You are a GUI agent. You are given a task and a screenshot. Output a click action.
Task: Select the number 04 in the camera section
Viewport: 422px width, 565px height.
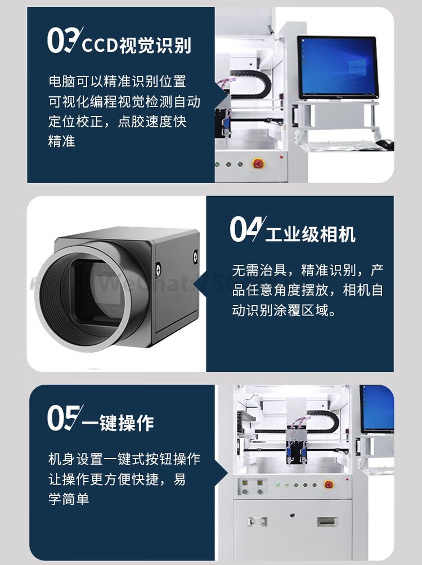click(246, 229)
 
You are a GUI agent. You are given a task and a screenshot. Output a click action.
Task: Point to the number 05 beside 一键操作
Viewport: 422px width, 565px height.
click(64, 418)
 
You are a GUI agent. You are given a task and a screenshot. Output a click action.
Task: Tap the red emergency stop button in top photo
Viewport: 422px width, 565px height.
click(258, 163)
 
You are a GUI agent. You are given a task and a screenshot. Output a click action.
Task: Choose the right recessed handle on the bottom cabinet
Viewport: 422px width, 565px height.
click(326, 521)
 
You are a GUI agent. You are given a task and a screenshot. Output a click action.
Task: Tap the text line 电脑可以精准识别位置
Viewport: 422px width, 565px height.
click(117, 81)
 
